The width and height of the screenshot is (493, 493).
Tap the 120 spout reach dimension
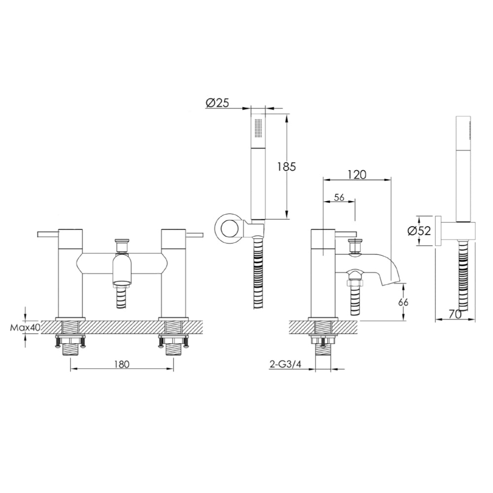(x=356, y=174)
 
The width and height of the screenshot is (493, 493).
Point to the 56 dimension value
(x=339, y=197)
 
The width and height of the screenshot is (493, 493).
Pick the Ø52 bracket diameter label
(x=420, y=231)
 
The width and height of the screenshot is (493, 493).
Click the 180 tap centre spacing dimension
(x=122, y=364)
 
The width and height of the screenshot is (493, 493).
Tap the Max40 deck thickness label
(x=25, y=327)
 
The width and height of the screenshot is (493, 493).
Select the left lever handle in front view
(x=48, y=234)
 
